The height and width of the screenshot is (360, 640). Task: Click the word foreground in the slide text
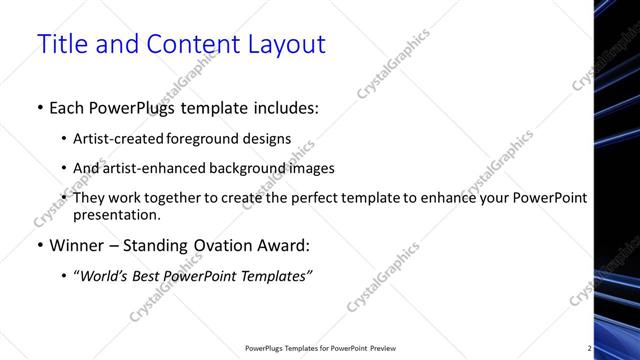(224, 139)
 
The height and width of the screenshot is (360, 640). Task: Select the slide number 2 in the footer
(589, 348)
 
